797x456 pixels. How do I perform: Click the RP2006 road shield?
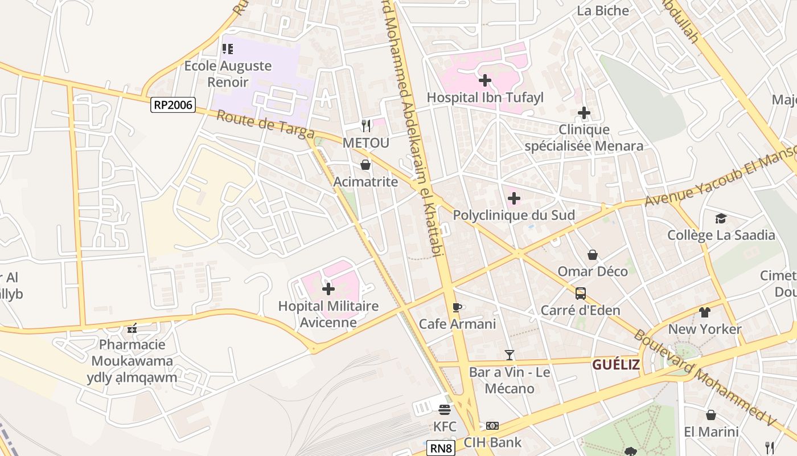173,105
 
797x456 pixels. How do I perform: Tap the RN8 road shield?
441,449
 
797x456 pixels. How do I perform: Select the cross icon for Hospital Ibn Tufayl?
485,80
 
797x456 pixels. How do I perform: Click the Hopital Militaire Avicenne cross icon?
328,289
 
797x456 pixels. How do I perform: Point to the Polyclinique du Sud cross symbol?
514,198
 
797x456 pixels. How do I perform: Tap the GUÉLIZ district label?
616,365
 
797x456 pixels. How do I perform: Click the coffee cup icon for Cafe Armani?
457,308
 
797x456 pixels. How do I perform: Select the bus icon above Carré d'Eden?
581,294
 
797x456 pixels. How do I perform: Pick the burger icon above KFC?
445,409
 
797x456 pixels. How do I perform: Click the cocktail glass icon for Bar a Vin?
510,356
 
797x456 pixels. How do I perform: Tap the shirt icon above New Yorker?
705,312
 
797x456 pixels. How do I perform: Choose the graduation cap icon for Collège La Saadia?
721,219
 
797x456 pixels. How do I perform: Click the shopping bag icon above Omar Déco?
593,255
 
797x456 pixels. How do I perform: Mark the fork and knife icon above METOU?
366,125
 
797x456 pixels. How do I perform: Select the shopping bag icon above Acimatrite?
365,165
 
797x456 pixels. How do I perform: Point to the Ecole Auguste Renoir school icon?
228,49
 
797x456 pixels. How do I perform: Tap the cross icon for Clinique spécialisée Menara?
584,113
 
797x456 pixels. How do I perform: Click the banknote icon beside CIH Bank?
492,426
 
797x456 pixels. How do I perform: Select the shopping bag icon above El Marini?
711,415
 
